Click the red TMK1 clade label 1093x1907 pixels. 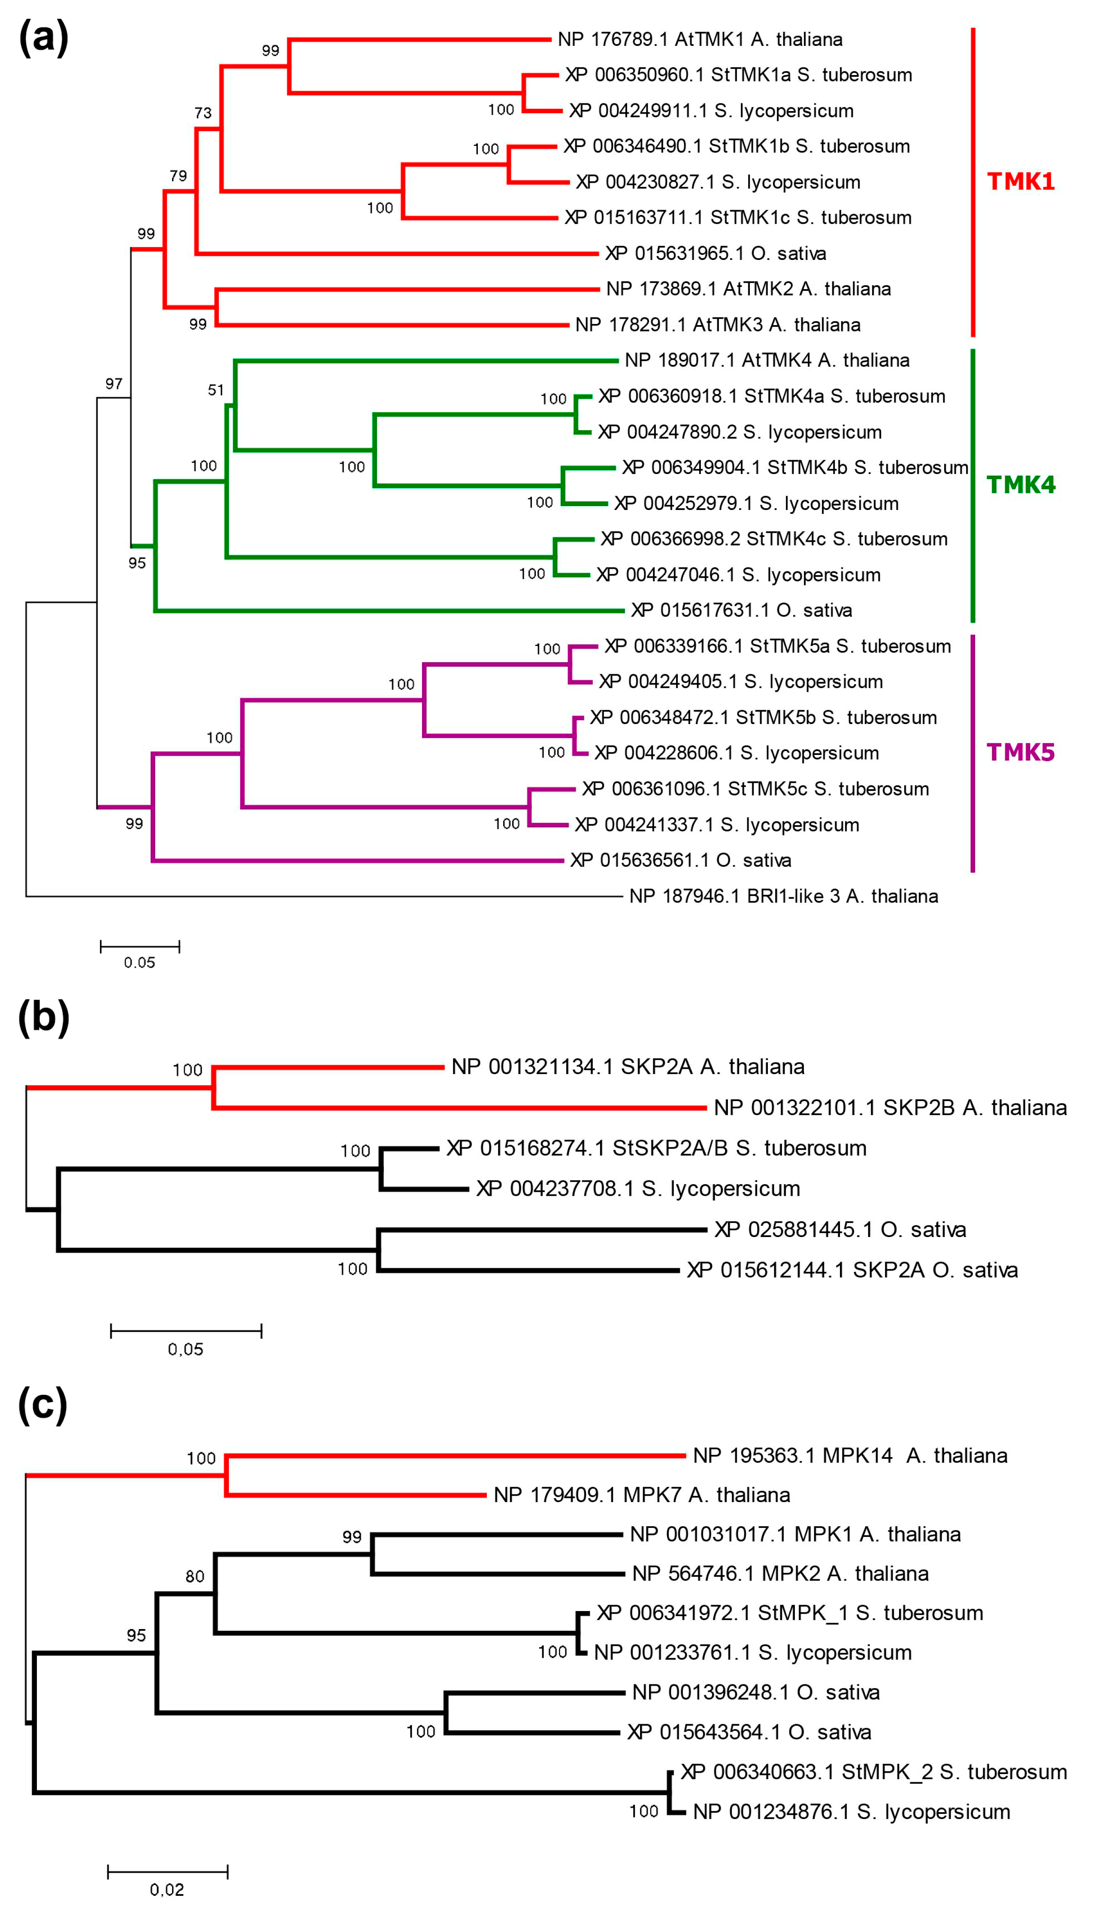coord(1020,181)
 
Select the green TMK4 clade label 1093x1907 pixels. coord(1020,485)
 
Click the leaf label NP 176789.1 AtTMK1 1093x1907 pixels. coord(700,39)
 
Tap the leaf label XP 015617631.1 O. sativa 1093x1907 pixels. coord(742,610)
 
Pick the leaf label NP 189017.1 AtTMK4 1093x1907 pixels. coord(767,360)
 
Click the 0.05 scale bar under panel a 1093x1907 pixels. coord(140,947)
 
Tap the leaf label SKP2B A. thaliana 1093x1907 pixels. coord(890,1108)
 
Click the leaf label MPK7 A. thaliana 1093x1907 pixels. coord(642,1495)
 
